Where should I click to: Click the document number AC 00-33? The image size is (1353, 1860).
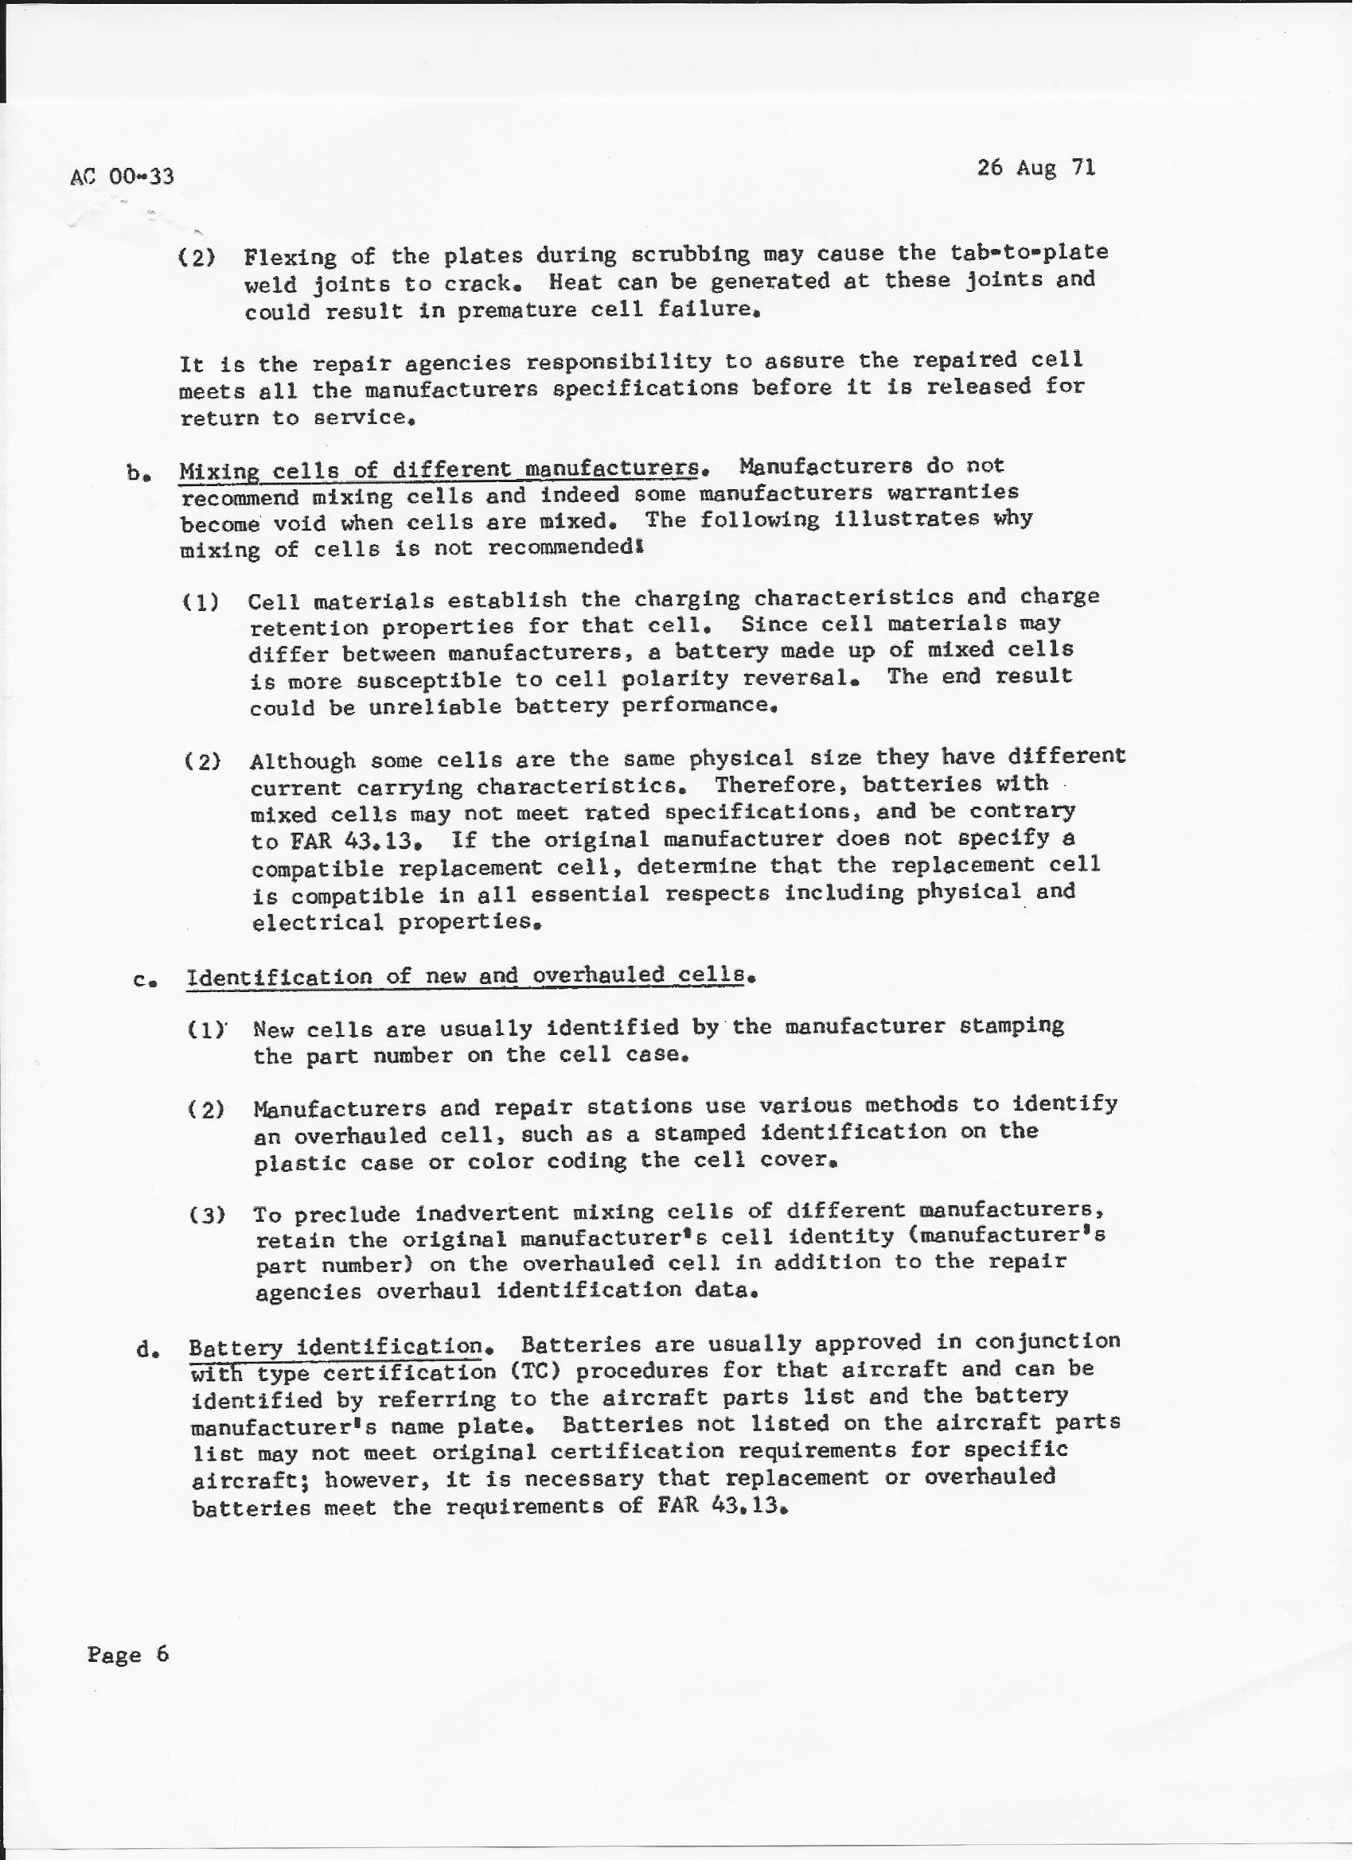123,176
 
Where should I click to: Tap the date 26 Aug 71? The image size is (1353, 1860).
1035,168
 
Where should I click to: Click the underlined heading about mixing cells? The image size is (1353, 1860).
440,470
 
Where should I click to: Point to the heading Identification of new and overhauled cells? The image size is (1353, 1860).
466,976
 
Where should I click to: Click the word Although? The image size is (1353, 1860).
302,761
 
